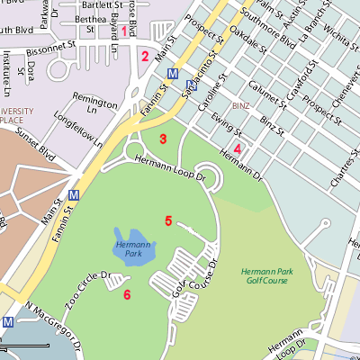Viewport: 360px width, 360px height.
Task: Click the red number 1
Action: tap(125, 31)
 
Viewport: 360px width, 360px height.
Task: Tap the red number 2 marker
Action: tap(144, 57)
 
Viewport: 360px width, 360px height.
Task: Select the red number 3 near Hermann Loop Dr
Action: tap(163, 139)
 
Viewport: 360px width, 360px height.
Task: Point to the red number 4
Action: tap(238, 148)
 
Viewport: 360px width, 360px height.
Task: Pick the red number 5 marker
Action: tap(168, 220)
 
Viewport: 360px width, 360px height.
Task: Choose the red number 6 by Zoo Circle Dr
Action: tap(127, 294)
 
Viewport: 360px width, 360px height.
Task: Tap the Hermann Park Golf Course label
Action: tap(265, 277)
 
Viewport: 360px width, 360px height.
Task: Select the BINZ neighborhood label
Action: tap(239, 105)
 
